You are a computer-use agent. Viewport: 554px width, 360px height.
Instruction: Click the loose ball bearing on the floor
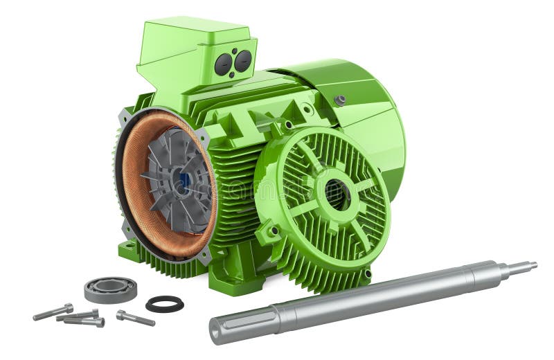(110, 289)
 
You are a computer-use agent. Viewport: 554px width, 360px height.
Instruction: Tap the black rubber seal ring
(165, 303)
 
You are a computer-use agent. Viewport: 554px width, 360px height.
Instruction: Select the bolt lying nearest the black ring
(134, 318)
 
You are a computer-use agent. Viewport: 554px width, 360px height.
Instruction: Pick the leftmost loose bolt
(53, 312)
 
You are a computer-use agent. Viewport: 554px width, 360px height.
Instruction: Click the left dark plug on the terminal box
(223, 64)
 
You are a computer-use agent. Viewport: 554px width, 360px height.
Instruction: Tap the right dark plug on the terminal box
(243, 61)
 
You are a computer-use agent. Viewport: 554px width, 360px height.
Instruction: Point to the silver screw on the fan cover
(340, 100)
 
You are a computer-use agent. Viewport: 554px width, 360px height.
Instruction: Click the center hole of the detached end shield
(337, 194)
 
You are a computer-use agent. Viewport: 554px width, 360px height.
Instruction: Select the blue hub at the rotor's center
(184, 182)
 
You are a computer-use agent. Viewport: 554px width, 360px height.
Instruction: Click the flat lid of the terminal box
(194, 31)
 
